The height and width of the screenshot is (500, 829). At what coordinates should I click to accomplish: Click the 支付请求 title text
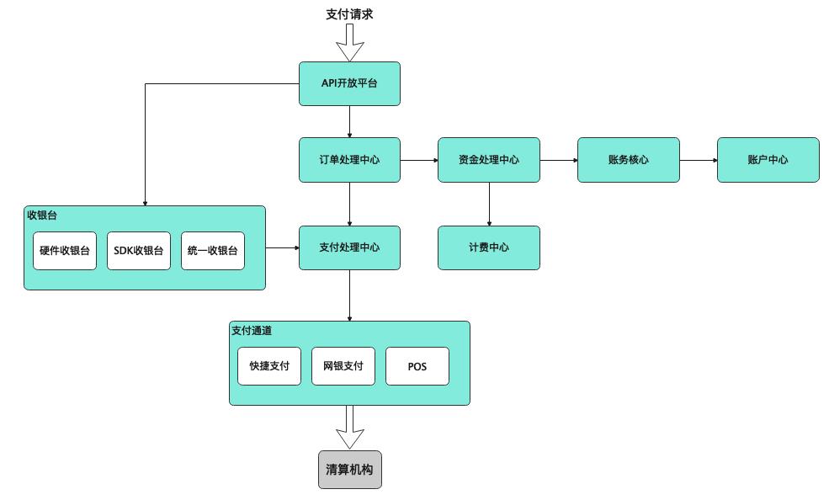(x=349, y=13)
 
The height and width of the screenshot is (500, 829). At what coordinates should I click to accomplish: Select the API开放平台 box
(x=349, y=83)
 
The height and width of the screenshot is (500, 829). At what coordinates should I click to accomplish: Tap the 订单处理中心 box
(x=349, y=159)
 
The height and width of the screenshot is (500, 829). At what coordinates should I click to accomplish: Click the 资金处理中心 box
(x=488, y=159)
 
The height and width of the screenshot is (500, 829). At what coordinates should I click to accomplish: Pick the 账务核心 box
(x=628, y=159)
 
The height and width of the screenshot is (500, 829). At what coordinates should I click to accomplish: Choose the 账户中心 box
(x=768, y=159)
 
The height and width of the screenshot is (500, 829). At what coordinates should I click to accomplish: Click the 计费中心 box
(x=488, y=247)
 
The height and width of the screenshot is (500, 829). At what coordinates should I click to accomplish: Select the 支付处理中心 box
(x=349, y=247)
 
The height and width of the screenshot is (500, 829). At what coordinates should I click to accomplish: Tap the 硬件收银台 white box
(x=65, y=251)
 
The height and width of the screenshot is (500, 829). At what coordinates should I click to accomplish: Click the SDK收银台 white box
(x=139, y=251)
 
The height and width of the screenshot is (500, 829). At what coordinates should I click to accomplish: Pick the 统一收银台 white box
(x=213, y=251)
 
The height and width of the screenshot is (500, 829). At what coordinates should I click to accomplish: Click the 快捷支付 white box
(x=269, y=366)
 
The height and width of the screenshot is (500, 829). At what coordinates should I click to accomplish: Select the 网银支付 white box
(x=343, y=366)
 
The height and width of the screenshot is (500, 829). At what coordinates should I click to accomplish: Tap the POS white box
(x=417, y=366)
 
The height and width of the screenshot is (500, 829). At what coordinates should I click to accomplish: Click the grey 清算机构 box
(x=349, y=470)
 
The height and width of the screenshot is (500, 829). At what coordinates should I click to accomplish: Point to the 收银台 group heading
(x=42, y=215)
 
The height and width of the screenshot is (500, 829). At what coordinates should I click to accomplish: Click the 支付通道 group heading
(x=252, y=331)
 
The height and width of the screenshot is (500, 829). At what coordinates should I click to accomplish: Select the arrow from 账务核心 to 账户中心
(x=698, y=159)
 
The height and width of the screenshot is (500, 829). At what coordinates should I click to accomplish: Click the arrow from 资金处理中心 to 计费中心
(x=489, y=204)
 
